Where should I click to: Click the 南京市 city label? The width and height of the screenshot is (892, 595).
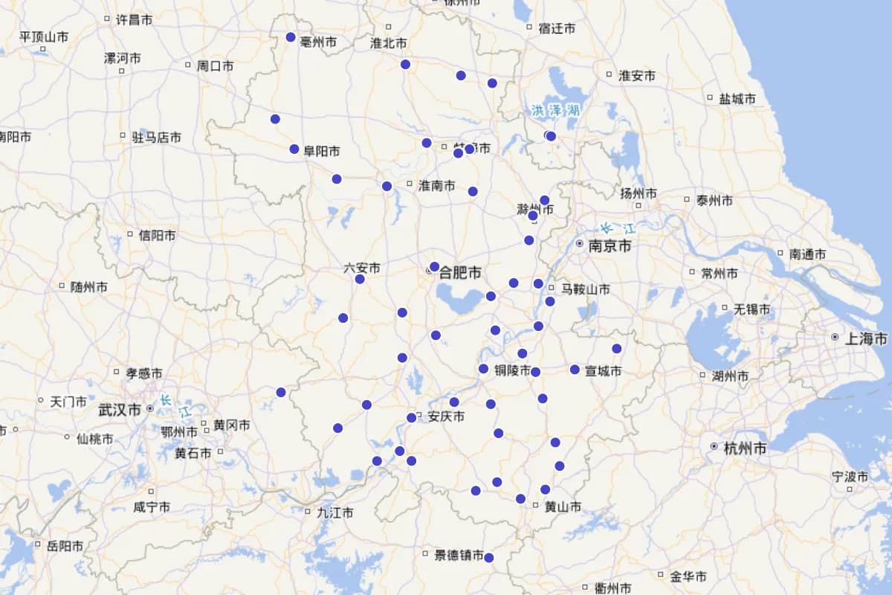[610, 245]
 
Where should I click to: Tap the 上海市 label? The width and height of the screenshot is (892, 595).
[866, 338]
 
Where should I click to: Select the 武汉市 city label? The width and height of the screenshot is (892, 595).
[120, 410]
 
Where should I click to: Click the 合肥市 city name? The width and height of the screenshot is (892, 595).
[462, 272]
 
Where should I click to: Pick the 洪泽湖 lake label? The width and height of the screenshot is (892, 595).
[555, 110]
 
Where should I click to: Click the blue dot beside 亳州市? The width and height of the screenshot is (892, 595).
[291, 37]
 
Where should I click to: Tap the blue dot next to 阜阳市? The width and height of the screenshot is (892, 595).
[294, 149]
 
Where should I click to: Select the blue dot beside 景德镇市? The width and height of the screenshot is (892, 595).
[488, 558]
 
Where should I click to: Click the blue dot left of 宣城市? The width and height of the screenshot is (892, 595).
[575, 370]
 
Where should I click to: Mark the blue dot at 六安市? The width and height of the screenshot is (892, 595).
[360, 279]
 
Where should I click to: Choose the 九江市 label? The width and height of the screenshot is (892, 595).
[334, 512]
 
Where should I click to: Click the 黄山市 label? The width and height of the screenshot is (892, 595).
[562, 506]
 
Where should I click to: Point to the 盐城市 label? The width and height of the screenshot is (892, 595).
[737, 98]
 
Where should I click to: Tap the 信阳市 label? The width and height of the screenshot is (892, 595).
[157, 235]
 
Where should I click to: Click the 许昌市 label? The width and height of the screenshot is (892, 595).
[134, 19]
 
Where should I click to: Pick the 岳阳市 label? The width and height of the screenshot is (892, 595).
[65, 546]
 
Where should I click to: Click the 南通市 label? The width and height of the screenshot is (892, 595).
[807, 254]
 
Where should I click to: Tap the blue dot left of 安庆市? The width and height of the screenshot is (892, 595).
[411, 418]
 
